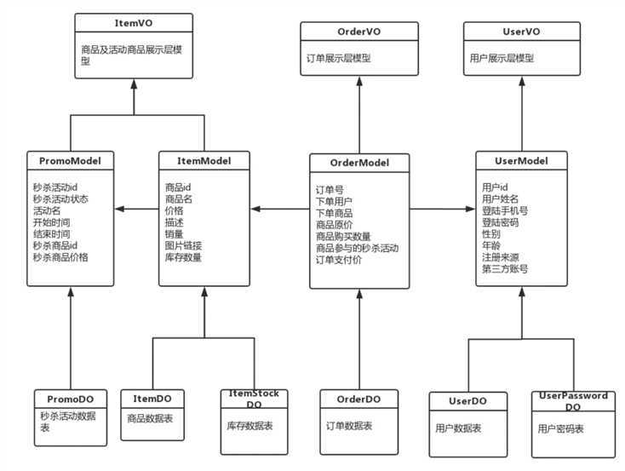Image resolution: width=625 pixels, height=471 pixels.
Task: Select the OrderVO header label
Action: coord(359,32)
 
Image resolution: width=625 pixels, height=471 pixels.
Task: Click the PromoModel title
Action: coord(70,159)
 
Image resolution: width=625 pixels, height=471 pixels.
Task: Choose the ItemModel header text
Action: coord(204,159)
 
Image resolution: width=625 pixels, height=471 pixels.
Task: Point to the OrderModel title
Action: coord(359,163)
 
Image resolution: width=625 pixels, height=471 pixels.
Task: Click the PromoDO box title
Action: coord(70,399)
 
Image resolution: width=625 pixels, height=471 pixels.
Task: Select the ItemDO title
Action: coord(152,399)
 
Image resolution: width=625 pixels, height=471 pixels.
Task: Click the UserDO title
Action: coord(466,401)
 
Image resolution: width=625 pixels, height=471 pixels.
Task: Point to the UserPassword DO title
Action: coord(573,401)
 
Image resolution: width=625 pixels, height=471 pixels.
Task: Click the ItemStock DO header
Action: coord(254,399)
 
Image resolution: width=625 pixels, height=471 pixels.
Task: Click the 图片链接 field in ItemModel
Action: coord(183,245)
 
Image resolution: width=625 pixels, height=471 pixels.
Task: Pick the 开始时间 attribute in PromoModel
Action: coord(51,221)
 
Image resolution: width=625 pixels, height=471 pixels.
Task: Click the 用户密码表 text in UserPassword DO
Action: coord(561,430)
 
